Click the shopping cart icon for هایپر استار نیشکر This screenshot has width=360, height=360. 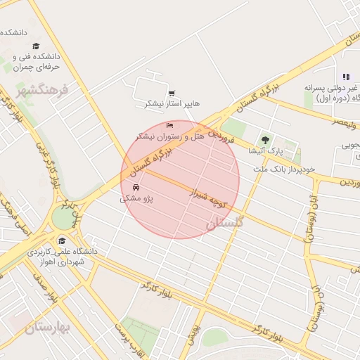[x=172, y=93]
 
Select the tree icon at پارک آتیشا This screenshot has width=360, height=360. [x=265, y=140]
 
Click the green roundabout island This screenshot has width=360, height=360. [x=63, y=219]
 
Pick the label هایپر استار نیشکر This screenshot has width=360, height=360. [x=172, y=103]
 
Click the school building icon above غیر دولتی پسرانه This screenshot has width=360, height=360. [x=345, y=77]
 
